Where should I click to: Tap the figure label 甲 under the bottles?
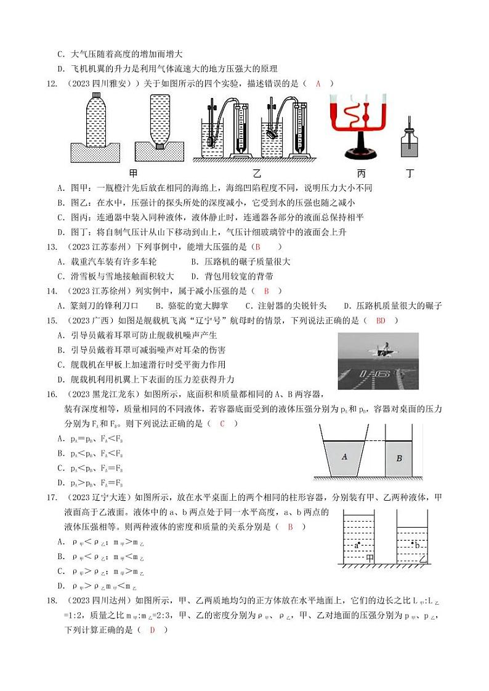[x=132, y=173]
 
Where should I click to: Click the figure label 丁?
[x=410, y=173]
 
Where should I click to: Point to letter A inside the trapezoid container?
[x=345, y=456]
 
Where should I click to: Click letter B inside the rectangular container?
[x=399, y=458]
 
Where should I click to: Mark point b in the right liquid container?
[x=418, y=544]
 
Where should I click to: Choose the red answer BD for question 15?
[x=381, y=320]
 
